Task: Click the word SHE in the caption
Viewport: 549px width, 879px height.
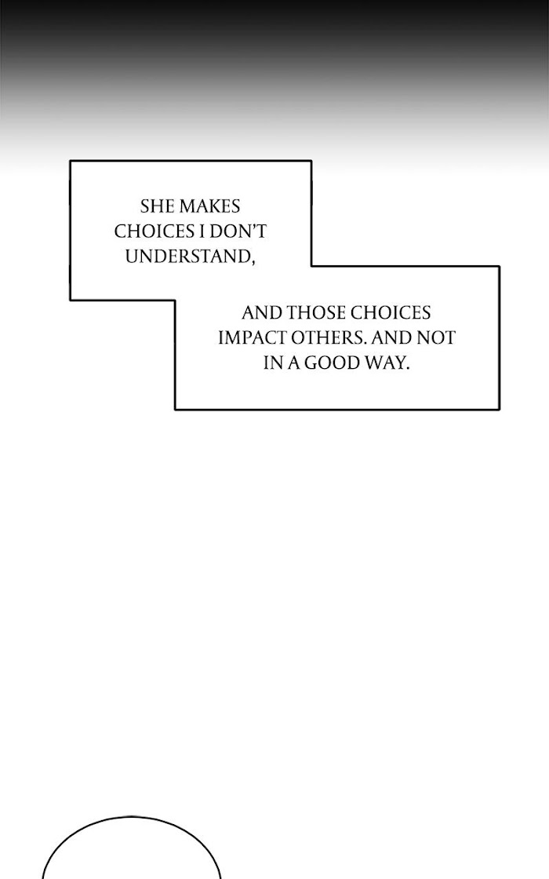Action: (x=158, y=206)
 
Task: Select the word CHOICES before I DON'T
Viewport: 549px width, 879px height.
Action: (x=148, y=232)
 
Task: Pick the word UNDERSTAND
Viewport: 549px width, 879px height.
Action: (x=186, y=256)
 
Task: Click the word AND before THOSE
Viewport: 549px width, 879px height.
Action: (x=261, y=313)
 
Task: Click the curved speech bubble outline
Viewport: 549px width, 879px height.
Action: (x=131, y=817)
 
